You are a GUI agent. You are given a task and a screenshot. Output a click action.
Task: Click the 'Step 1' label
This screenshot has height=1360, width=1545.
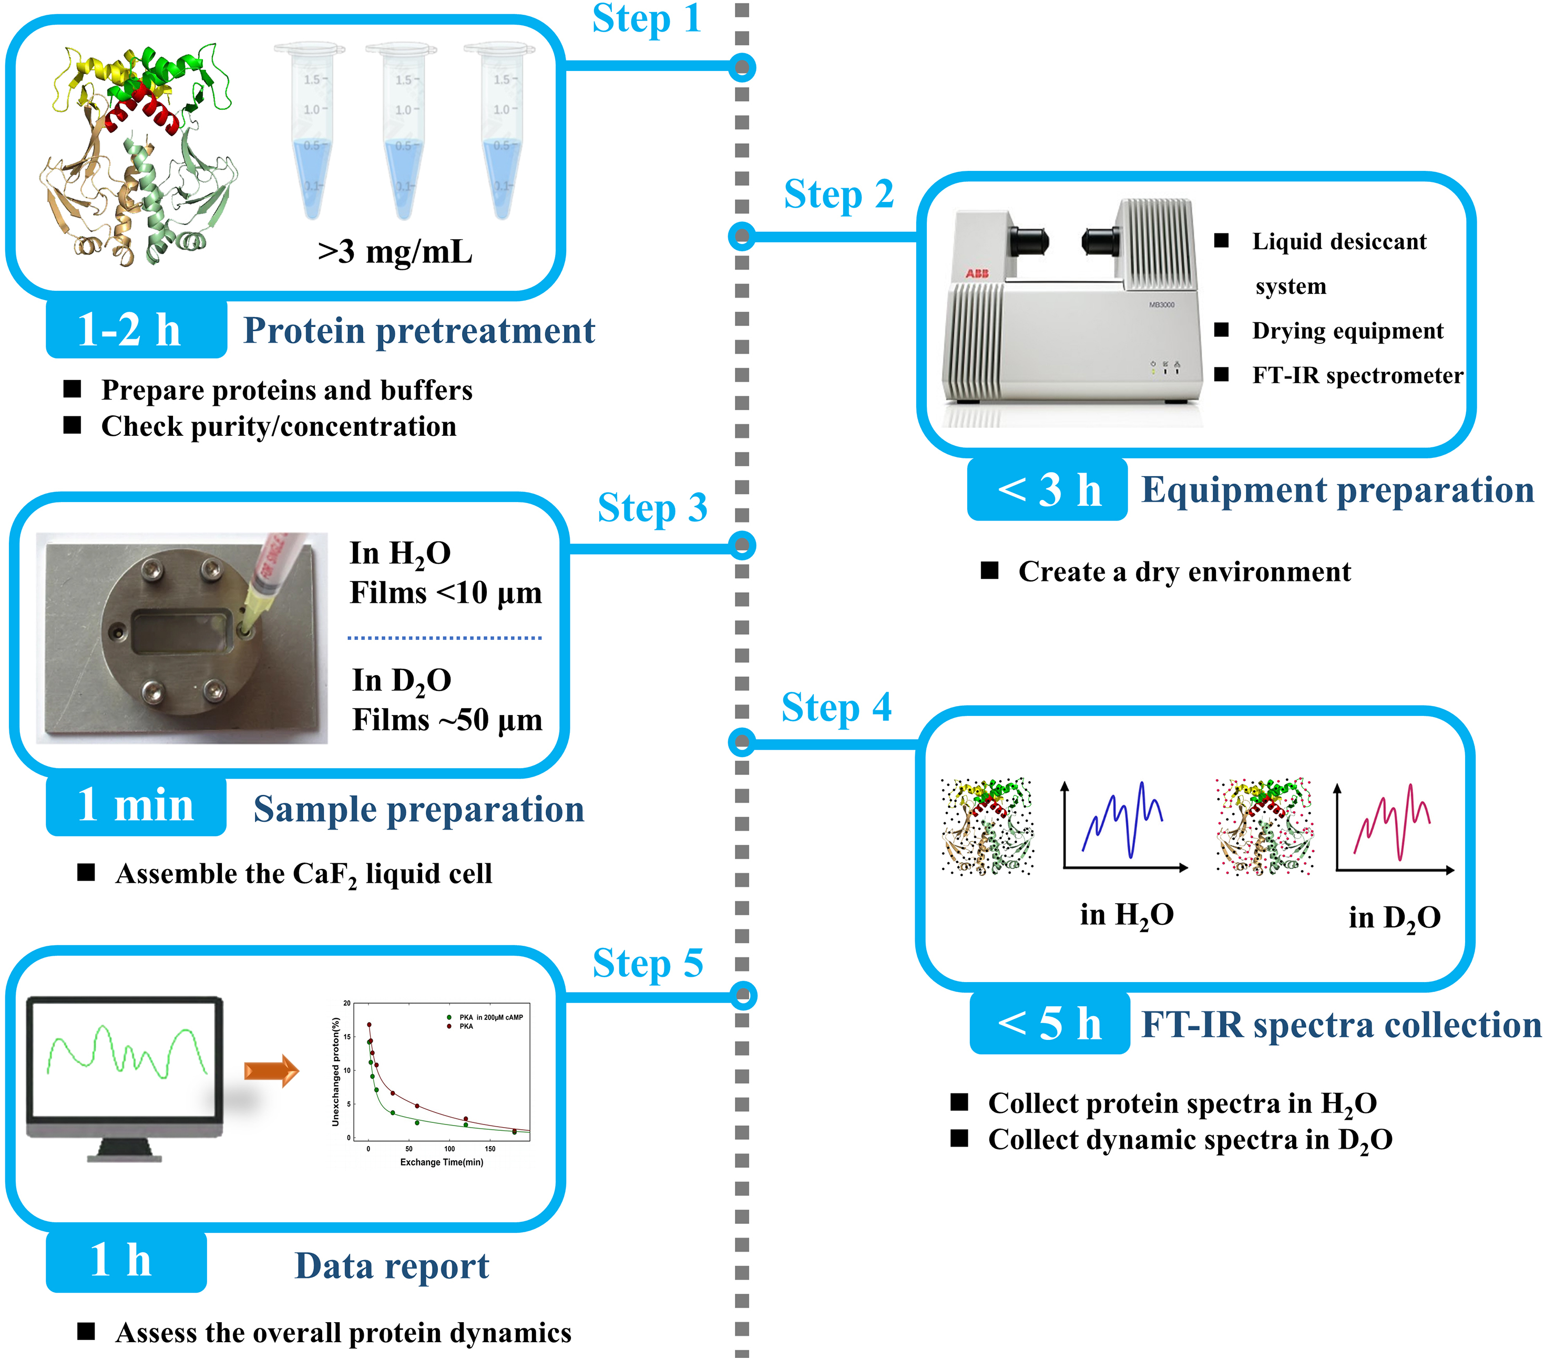point(646,18)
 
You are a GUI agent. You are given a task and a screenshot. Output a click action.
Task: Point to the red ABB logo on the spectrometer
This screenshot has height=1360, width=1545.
point(977,273)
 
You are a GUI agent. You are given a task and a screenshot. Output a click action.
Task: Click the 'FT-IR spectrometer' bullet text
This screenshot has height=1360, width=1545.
point(1356,376)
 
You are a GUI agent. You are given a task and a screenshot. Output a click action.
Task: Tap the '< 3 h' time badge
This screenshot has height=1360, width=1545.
point(1048,490)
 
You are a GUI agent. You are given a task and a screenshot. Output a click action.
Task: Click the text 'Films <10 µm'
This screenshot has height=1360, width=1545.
point(445,592)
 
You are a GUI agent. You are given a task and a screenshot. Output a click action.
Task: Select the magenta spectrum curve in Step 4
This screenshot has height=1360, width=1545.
point(1391,824)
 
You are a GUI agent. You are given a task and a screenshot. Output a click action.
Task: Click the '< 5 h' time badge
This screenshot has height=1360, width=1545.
point(1049,1024)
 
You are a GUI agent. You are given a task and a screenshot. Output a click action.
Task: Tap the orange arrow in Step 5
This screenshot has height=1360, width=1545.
point(271,1070)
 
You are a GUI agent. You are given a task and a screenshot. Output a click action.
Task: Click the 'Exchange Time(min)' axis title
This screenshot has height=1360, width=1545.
point(442,1162)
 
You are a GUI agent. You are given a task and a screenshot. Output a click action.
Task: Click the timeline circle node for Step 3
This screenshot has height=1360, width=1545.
point(742,546)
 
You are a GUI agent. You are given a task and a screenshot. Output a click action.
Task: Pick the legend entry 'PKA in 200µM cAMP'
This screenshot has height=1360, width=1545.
point(490,1017)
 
